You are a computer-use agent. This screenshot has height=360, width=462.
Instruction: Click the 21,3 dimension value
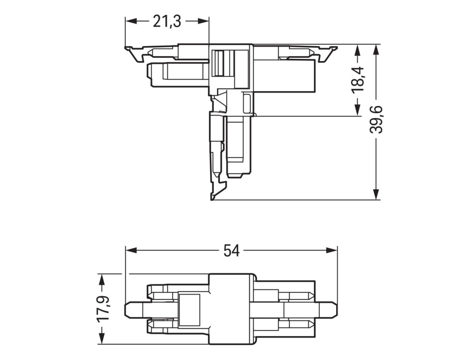[167, 22]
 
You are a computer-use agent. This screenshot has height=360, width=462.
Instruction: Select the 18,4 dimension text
[358, 79]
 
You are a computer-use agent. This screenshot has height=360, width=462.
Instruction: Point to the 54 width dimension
[231, 251]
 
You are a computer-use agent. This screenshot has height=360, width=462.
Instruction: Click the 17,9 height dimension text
[103, 308]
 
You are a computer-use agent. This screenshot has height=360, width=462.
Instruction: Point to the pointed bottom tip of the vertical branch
[212, 198]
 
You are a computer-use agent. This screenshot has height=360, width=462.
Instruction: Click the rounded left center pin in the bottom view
[133, 309]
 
